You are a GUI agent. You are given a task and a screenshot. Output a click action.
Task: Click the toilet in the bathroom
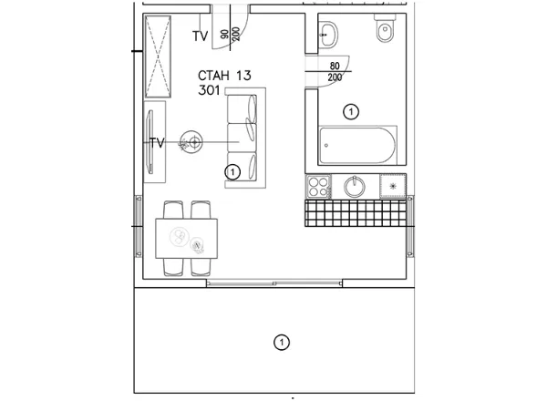[385, 28]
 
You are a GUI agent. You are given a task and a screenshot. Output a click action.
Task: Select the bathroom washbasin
[328, 34]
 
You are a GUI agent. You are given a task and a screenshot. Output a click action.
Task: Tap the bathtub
[358, 145]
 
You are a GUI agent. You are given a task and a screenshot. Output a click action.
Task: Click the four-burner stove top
[318, 187]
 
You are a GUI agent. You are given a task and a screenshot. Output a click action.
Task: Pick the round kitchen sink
[355, 187]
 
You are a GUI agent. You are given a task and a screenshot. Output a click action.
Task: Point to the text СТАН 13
[224, 76]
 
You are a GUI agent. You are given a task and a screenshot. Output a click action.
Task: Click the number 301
[209, 90]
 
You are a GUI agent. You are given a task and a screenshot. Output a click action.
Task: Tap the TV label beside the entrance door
[201, 36]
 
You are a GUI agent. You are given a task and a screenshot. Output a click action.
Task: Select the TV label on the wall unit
[157, 142]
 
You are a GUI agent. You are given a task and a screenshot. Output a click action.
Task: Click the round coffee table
[191, 142]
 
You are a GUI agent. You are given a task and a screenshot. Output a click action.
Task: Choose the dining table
[187, 239]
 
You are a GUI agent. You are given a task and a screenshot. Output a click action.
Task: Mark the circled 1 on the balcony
[281, 343]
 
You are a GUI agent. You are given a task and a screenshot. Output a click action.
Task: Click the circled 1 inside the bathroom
[351, 112]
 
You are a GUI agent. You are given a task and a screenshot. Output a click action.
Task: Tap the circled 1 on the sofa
[232, 172]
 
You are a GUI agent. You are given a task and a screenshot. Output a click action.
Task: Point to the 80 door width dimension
[335, 66]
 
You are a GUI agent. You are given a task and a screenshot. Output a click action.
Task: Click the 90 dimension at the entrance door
[225, 34]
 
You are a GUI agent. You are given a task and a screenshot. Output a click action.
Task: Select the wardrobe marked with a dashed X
[158, 57]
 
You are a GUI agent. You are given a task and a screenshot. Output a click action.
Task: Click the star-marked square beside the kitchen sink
[393, 186]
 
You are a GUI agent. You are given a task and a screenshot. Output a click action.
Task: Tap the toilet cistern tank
[385, 16]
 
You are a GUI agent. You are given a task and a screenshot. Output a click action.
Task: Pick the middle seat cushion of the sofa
[242, 138]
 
